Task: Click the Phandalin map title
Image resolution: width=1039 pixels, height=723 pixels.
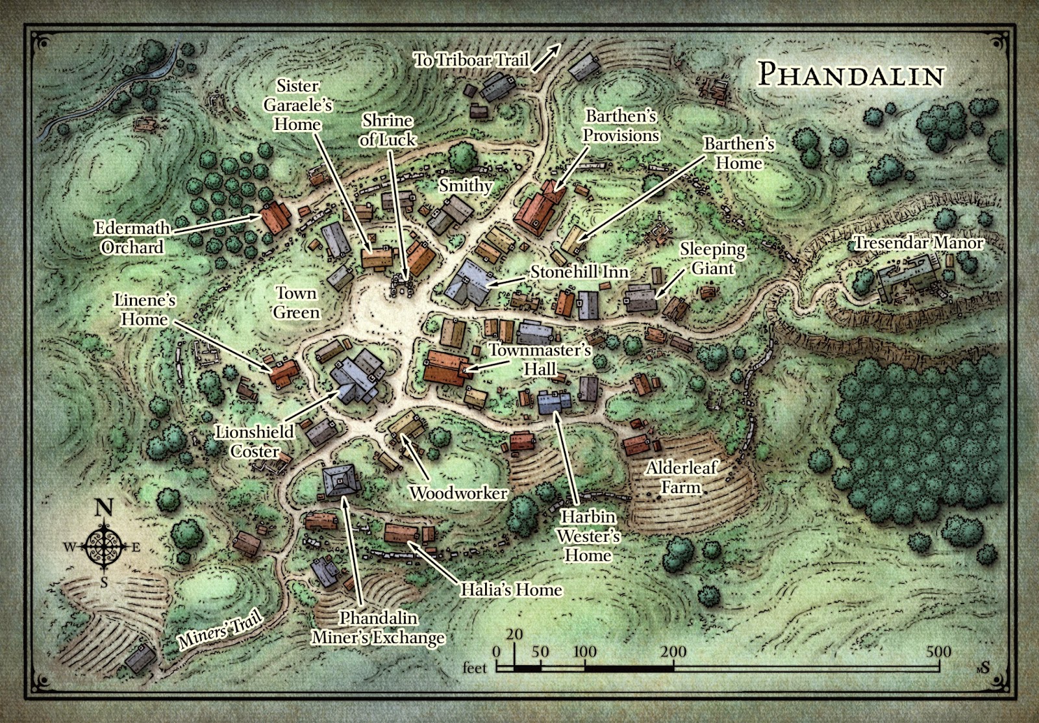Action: coord(851,75)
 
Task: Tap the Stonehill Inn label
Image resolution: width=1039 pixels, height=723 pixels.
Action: coord(580,272)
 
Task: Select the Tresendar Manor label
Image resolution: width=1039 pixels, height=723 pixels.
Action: coord(918,243)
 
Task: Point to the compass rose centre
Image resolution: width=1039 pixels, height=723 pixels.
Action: coord(104,546)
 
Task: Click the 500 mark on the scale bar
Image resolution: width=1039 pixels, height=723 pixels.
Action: coord(938,652)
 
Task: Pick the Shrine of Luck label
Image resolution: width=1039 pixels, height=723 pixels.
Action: coord(388,130)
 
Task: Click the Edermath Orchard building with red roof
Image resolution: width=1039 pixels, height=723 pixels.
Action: coord(276,217)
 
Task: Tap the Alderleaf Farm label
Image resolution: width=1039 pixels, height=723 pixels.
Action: coord(681,477)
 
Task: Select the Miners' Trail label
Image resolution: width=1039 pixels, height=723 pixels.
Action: coord(221,629)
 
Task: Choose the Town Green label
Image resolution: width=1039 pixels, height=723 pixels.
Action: coord(296,303)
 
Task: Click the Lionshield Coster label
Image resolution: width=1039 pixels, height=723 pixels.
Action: coord(255,441)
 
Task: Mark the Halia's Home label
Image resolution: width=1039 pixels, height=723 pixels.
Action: coord(511,590)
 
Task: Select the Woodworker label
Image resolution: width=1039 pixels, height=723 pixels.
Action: coord(458,493)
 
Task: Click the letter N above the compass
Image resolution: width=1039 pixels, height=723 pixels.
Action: coord(104,508)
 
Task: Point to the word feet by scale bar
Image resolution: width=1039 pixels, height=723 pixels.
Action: coord(475,668)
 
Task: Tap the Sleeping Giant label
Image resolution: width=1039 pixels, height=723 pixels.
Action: coord(712,259)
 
